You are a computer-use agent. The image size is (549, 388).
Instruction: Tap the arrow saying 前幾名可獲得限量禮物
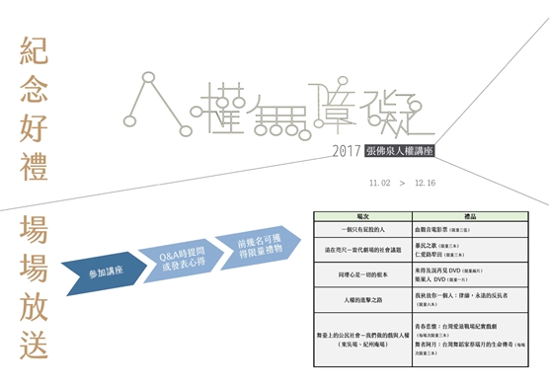click(260, 243)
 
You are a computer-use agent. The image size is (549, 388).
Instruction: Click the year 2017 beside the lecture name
click(346, 153)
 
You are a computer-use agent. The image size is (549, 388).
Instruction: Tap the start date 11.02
click(379, 183)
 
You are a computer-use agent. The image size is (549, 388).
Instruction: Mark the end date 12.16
click(427, 183)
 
